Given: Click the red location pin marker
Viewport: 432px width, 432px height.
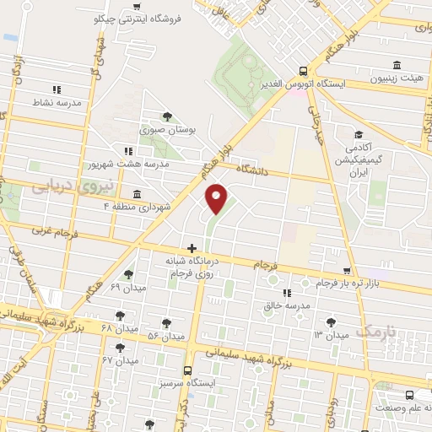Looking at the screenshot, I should [x=216, y=198].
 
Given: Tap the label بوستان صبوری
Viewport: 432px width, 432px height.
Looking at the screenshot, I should [x=169, y=131].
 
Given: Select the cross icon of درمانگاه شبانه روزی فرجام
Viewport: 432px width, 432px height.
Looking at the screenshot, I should [x=192, y=249].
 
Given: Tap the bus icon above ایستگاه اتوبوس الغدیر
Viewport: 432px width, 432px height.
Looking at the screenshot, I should [x=303, y=72].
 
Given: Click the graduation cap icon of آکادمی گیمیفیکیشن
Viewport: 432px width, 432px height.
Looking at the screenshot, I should [x=359, y=135].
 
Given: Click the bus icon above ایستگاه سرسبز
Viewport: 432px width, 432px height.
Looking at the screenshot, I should [x=186, y=370].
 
